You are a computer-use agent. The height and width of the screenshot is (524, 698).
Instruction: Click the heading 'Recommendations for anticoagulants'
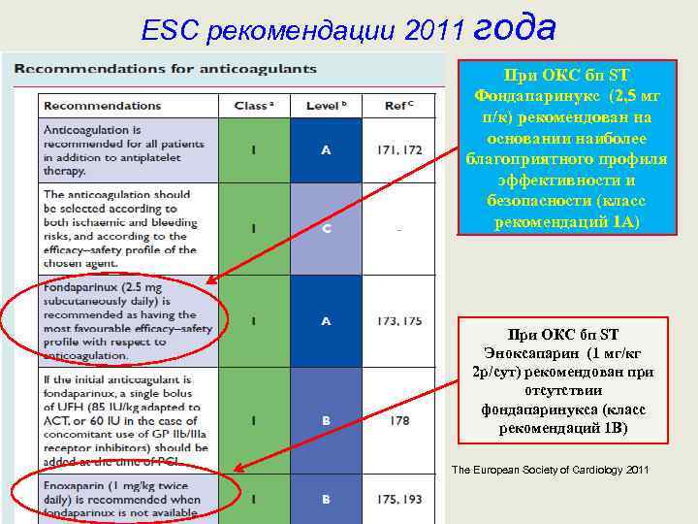165,70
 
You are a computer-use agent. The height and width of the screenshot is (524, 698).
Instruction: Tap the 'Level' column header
328,105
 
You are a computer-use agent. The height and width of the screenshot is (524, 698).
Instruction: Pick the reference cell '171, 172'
398,149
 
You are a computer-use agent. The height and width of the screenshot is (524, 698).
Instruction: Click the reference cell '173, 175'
398,319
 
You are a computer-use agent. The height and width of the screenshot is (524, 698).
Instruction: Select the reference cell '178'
398,421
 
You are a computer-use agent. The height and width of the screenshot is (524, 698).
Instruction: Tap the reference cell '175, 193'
398,500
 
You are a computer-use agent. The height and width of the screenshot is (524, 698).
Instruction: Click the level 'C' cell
326,229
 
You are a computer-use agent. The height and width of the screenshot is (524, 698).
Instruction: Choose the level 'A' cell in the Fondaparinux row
326,319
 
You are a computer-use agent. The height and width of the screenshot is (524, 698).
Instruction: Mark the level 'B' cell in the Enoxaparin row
326,500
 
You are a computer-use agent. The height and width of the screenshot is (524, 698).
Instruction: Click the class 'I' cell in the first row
253,149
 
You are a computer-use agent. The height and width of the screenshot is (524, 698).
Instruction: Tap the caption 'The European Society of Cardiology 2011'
551,471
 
